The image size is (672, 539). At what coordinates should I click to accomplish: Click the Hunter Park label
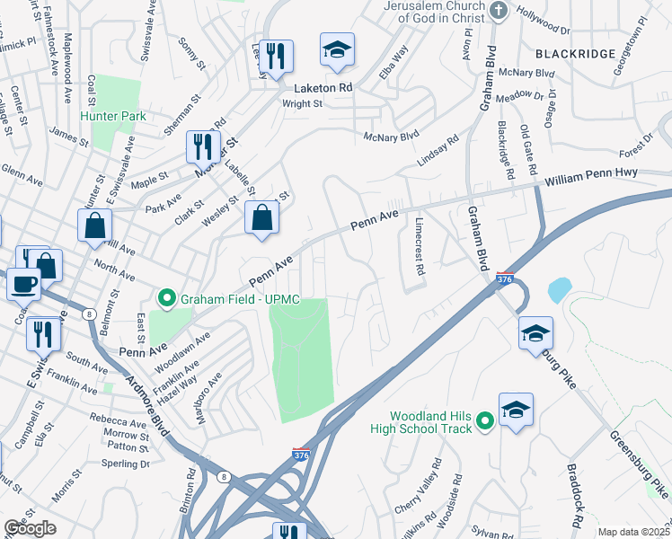(113, 116)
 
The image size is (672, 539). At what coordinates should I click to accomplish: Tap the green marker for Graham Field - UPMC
(165, 297)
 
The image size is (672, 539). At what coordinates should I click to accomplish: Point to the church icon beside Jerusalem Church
(500, 10)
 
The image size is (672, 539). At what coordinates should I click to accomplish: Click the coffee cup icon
(23, 283)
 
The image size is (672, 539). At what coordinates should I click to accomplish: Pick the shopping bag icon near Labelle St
(261, 217)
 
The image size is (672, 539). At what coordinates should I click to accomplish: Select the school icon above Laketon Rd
(338, 49)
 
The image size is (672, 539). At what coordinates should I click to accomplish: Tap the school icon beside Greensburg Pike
(535, 333)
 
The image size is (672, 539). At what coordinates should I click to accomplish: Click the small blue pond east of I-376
(558, 288)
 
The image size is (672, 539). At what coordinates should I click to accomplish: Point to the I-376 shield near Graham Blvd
(506, 279)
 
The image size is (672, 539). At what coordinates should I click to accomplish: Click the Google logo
(30, 527)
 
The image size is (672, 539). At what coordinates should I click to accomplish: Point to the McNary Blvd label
(392, 136)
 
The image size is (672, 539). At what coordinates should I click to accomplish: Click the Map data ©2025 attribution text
(633, 532)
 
